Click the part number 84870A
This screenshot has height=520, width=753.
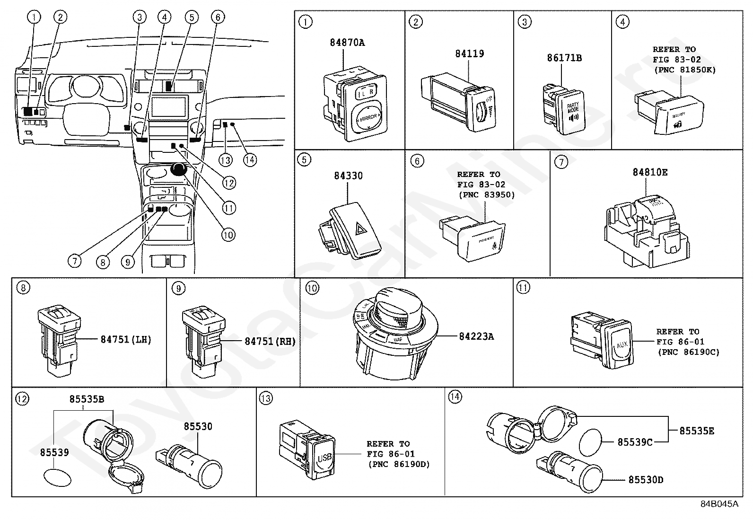(x=347, y=43)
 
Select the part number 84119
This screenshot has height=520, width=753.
(x=469, y=53)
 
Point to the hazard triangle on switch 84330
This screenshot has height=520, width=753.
(x=362, y=230)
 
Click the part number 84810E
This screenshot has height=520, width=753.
(x=650, y=172)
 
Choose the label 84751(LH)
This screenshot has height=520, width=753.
(x=126, y=340)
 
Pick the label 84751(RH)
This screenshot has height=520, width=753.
(x=270, y=341)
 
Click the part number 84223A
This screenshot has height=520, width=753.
(x=476, y=336)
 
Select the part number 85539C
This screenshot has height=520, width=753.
(x=635, y=442)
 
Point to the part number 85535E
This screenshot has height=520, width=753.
(x=697, y=431)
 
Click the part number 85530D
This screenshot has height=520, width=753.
(x=646, y=480)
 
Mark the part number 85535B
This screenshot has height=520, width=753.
(x=87, y=399)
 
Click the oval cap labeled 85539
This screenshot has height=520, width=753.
(x=56, y=477)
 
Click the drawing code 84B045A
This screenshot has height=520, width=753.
(x=719, y=503)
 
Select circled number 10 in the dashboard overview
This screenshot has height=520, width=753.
(x=228, y=235)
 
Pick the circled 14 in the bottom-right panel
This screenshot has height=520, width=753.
(x=455, y=397)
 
